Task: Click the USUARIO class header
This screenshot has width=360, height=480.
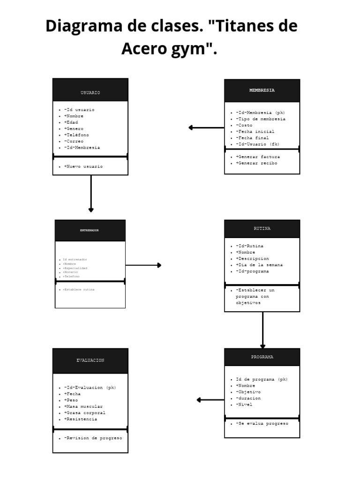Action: tap(90, 93)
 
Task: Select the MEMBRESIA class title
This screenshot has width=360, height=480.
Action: tap(262, 90)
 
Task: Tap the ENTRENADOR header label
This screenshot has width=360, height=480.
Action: tap(90, 230)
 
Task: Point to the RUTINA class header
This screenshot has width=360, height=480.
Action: tap(262, 229)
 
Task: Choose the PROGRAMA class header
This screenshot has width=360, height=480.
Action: tap(262, 357)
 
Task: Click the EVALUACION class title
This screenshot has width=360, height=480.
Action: tap(90, 360)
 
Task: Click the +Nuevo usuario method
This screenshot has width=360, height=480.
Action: tap(83, 166)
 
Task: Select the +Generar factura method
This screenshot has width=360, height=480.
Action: tap(258, 157)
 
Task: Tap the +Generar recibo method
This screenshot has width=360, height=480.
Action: tap(256, 163)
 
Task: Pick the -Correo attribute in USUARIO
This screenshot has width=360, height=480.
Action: tap(74, 141)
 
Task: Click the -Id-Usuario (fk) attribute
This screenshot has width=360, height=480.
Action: tap(258, 144)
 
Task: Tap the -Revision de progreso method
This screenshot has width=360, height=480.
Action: tap(93, 438)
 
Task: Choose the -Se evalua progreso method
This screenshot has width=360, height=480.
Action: tap(262, 423)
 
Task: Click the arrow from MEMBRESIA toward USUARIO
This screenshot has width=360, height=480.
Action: tap(206, 127)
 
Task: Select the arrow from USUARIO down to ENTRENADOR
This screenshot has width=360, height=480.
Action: tap(91, 193)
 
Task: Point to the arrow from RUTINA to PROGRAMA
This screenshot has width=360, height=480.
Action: tap(262, 330)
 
